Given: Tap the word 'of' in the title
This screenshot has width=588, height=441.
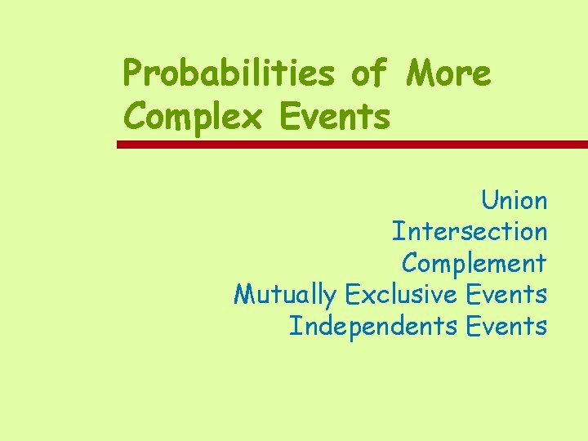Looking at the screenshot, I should pos(370,73).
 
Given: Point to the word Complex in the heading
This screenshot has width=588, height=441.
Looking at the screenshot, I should pos(193,117).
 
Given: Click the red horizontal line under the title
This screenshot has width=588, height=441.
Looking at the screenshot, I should pos(352,145).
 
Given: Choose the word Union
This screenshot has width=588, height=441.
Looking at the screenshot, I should pos(514,200).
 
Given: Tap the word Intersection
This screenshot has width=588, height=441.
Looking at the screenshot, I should pos(470,231).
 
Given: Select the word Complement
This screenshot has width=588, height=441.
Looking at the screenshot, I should pos(474,263).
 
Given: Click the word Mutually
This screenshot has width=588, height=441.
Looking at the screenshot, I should pos(286,294).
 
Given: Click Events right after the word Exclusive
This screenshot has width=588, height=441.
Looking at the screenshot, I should pos(506,293).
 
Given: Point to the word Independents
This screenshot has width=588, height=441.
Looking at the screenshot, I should pos(373,326).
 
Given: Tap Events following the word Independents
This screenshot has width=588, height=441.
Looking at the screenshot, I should pos(506,325).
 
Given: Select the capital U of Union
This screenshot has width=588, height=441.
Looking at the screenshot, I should pos(488,200).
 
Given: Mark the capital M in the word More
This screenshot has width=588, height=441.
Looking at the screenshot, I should pos(420,73).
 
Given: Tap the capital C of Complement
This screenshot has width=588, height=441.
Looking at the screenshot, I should pos(410,263).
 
